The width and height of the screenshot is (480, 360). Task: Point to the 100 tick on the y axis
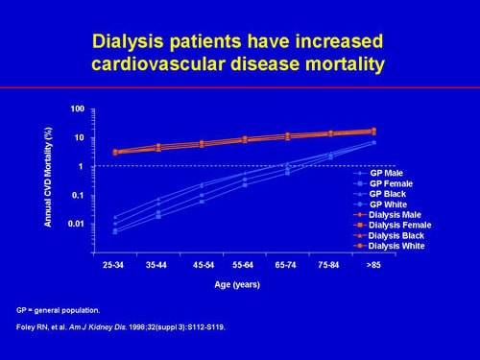tap(78, 108)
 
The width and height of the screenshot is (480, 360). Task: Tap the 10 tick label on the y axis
tap(81, 137)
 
